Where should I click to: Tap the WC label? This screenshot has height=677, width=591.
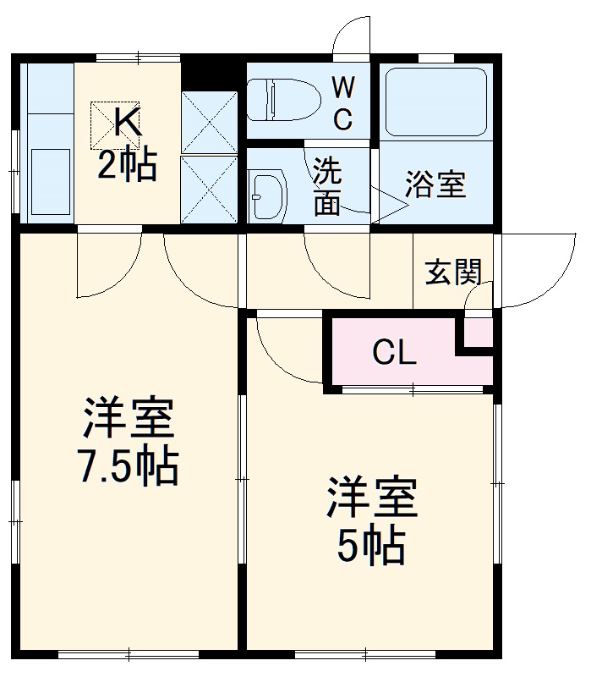coord(342,102)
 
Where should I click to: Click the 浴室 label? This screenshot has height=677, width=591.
coord(435,185)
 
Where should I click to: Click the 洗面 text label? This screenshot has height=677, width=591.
coord(326,188)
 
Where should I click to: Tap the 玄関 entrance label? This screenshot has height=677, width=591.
coord(453,272)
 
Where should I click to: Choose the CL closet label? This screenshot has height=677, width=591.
coord(395,353)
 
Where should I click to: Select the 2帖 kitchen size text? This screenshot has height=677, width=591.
coord(127,164)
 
